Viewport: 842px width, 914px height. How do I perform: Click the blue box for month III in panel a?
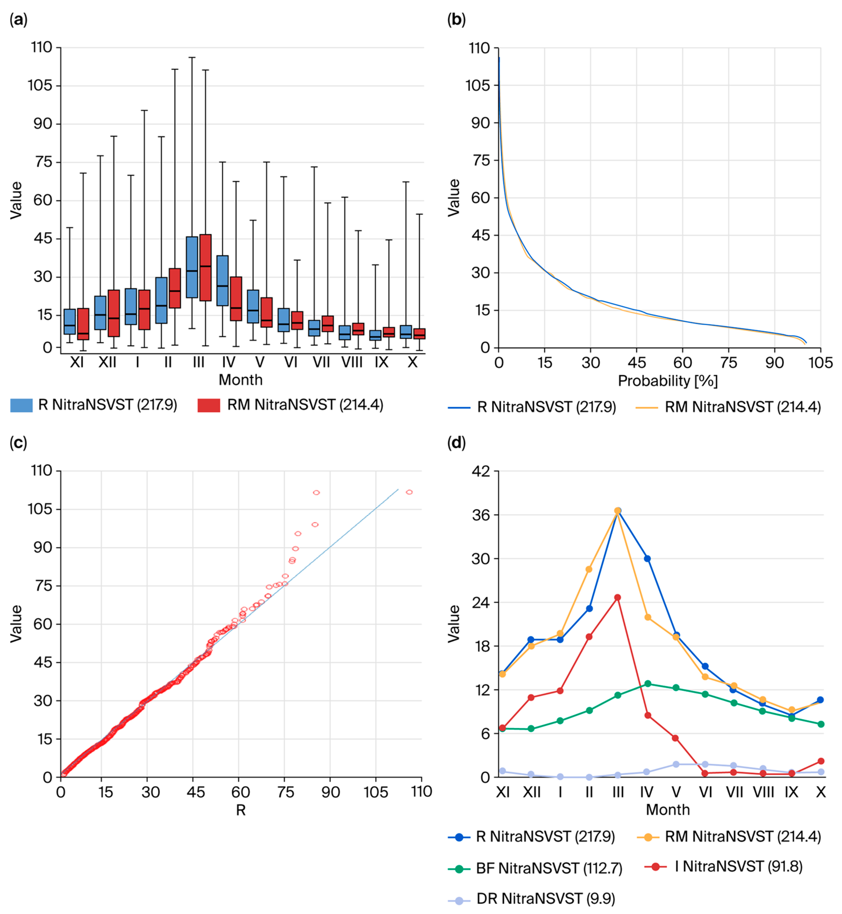coord(192,267)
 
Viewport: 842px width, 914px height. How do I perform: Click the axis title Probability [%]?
coord(667,381)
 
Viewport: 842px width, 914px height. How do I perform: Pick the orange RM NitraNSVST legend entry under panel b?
coord(743,407)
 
